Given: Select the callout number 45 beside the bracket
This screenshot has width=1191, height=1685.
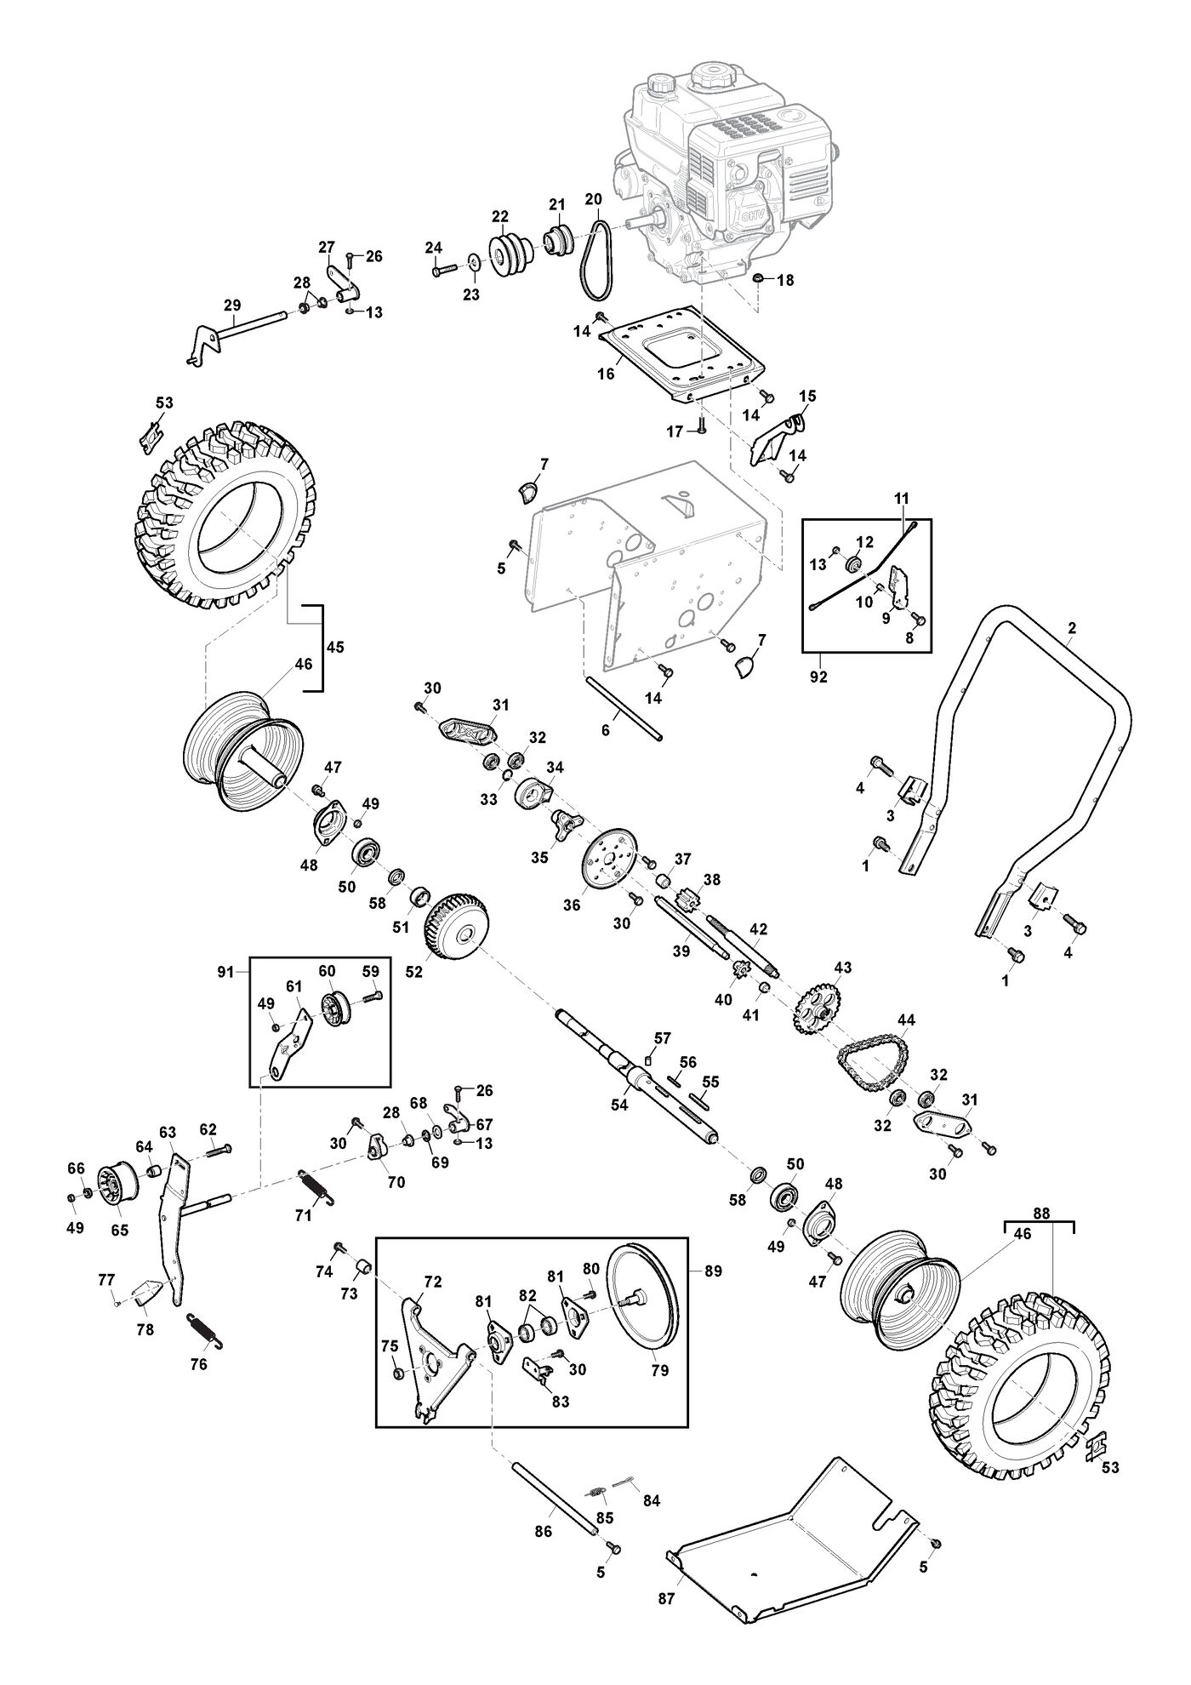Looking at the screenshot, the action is point(335,648).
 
